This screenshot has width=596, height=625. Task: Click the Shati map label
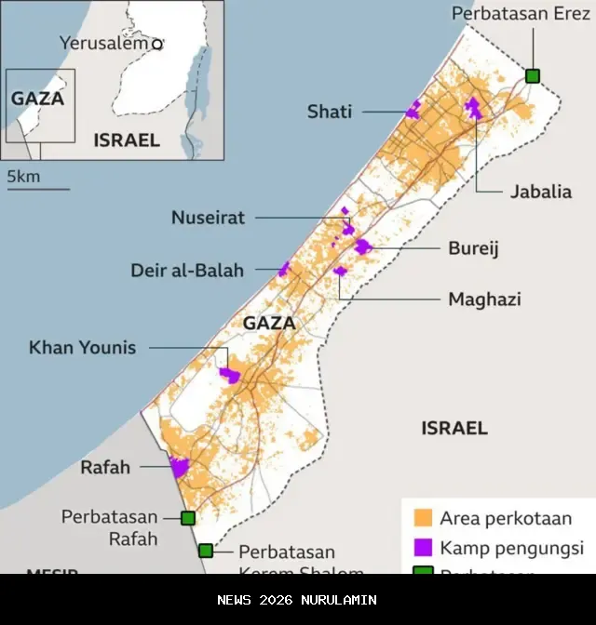click(330, 112)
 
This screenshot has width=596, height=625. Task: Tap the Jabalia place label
click(540, 193)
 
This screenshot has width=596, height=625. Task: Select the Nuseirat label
click(208, 218)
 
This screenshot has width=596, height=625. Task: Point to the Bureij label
click(474, 248)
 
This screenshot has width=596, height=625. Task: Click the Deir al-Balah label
click(187, 271)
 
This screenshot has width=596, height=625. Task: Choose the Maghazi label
click(484, 299)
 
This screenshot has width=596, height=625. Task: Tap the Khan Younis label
click(82, 348)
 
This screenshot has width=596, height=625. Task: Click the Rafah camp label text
click(105, 467)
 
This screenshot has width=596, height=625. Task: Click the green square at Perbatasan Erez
click(533, 75)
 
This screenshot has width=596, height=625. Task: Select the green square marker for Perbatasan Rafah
click(188, 518)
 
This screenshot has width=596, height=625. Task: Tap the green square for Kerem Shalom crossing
click(206, 551)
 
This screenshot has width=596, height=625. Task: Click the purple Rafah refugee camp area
click(179, 467)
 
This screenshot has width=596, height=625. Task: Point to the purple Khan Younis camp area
click(229, 375)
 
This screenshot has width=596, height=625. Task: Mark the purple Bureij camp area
click(362, 246)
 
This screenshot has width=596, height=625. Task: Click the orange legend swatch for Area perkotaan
click(423, 517)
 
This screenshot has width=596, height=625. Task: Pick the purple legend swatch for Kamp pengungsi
click(423, 547)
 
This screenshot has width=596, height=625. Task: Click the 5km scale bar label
click(24, 176)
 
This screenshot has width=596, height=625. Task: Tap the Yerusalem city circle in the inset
click(157, 44)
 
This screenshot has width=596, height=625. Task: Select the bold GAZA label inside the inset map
click(37, 98)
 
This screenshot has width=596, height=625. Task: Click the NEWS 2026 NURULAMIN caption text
click(297, 600)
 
